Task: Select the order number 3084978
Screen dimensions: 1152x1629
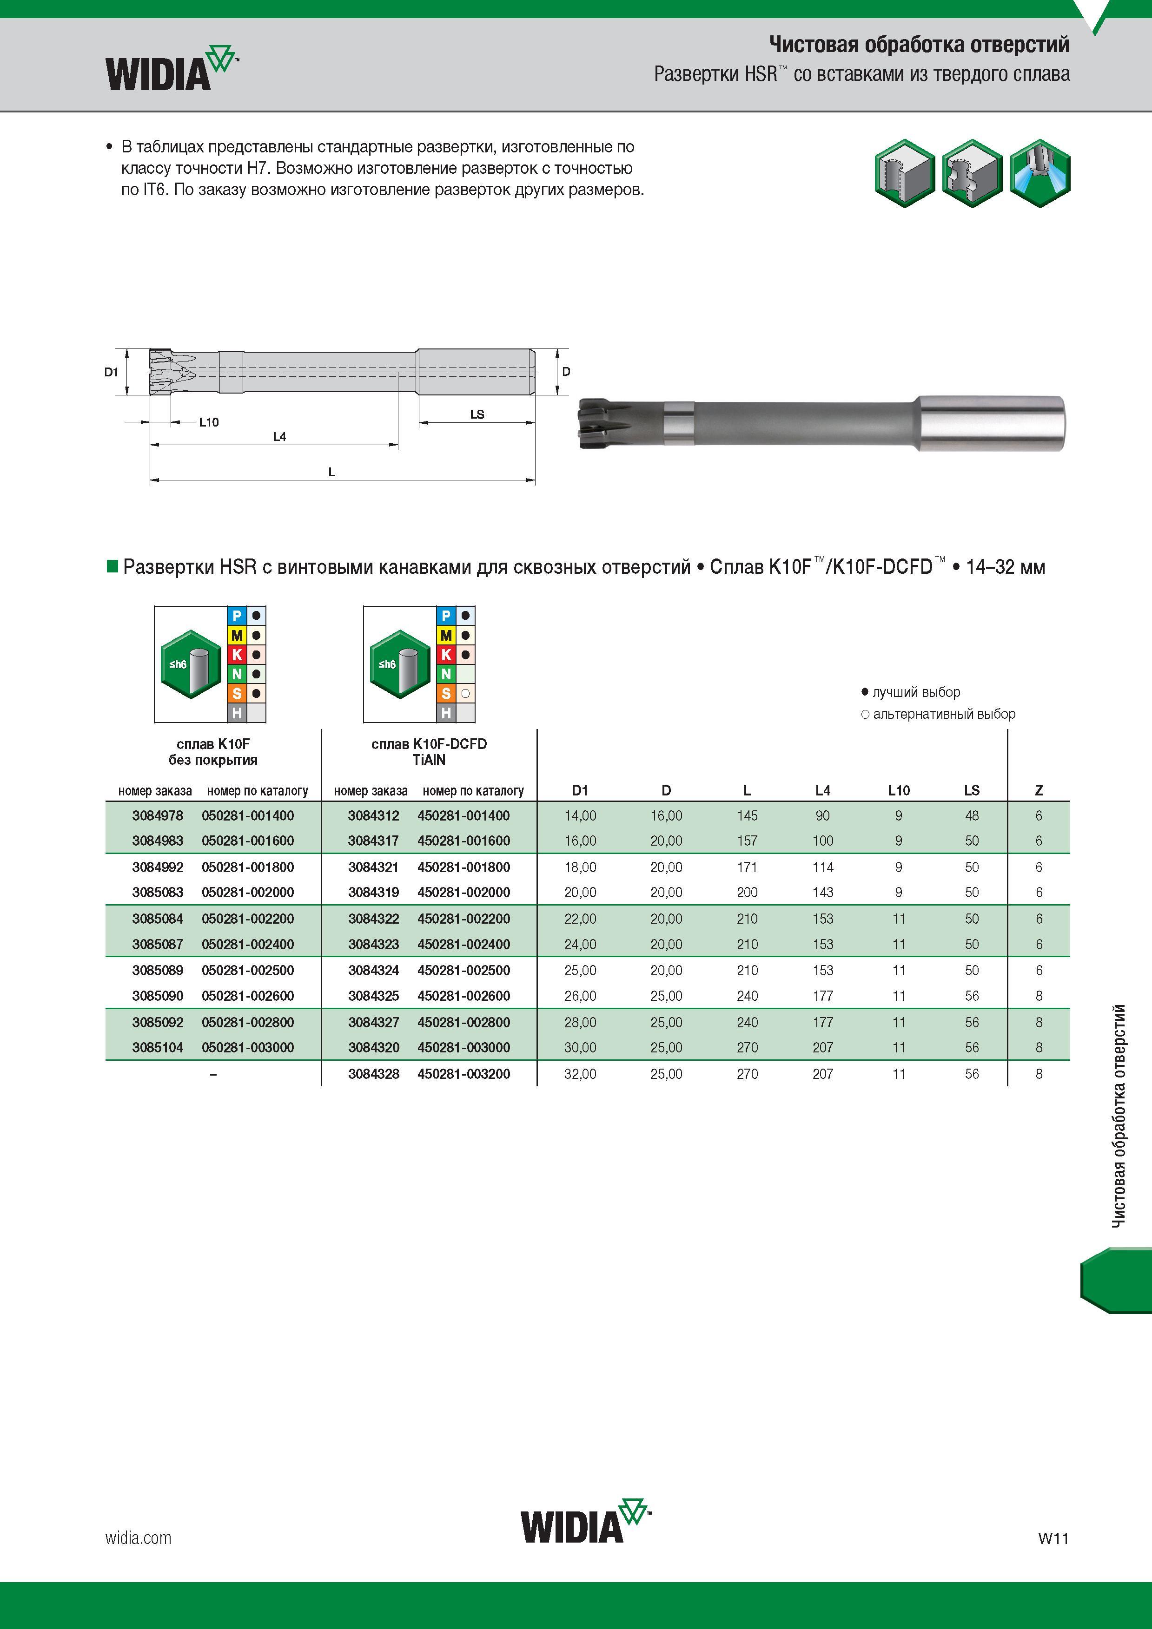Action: click(158, 816)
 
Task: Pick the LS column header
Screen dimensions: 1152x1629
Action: click(972, 790)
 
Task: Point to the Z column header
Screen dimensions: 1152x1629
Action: click(1039, 790)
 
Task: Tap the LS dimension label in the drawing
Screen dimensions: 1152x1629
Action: click(477, 414)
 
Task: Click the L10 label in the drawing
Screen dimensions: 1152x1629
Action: click(209, 422)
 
